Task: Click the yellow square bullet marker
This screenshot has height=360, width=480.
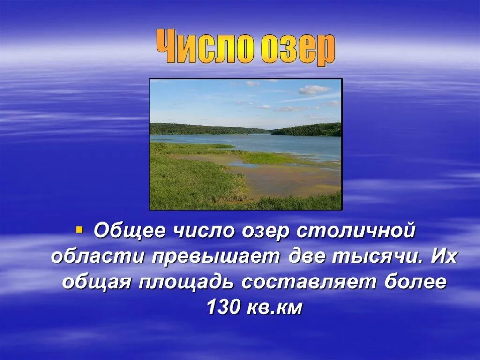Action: point(79,230)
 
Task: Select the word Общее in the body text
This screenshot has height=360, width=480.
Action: point(130,231)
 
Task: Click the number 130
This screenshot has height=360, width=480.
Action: point(223,307)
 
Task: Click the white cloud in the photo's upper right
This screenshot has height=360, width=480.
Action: point(313,89)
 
